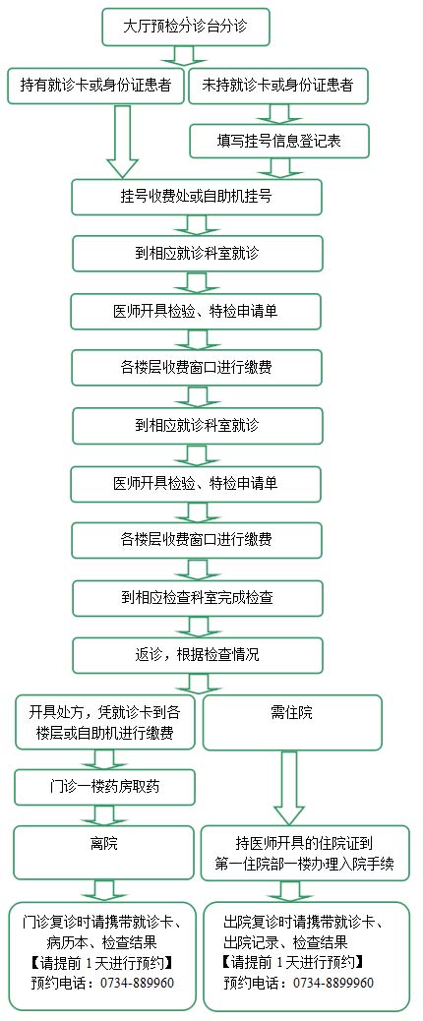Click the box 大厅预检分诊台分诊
pos(186,27)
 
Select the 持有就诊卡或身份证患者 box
pos(95,86)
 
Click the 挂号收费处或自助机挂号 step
pos(197,197)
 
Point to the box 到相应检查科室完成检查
pos(197,598)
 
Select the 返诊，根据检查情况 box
pos(197,654)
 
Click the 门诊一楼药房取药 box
pos(104,787)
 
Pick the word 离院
pos(104,844)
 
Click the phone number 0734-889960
pos(137,983)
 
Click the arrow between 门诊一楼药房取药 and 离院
pos(104,815)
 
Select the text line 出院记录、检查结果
pos(293,941)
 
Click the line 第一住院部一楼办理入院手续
pos(305,864)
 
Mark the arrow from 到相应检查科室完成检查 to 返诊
pos(197,627)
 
